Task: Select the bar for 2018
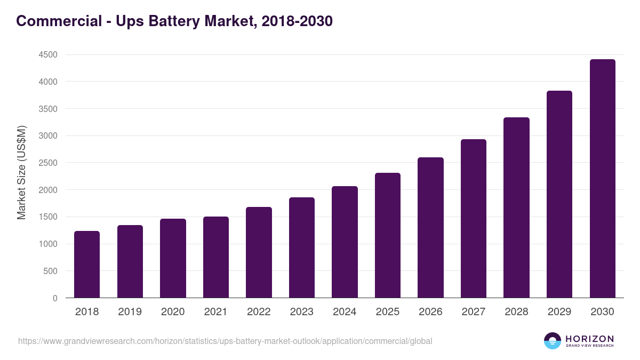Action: (x=87, y=264)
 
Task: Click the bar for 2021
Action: (x=216, y=257)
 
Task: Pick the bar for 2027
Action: (x=474, y=219)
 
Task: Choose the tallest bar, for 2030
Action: (x=602, y=179)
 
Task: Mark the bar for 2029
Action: (x=559, y=194)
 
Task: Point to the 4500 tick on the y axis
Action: (x=47, y=54)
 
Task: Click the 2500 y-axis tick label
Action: (x=47, y=163)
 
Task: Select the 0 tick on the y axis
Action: (x=55, y=298)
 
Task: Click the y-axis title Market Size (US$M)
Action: (x=21, y=172)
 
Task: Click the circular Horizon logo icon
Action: (x=553, y=341)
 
